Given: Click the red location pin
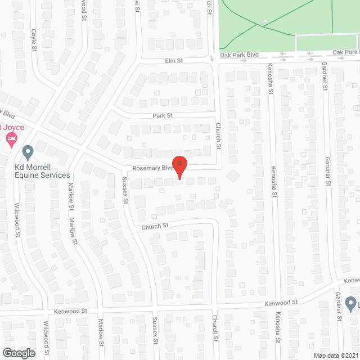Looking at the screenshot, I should click(x=179, y=166).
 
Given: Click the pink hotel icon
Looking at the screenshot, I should click(x=11, y=138).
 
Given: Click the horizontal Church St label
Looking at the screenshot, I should click(x=156, y=226).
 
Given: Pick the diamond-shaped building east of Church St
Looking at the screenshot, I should click(x=232, y=176).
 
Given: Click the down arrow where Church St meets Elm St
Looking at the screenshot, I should click(x=212, y=58).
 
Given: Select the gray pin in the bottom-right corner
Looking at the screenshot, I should click(x=351, y=303).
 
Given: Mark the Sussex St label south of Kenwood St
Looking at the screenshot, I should click(x=155, y=330).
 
